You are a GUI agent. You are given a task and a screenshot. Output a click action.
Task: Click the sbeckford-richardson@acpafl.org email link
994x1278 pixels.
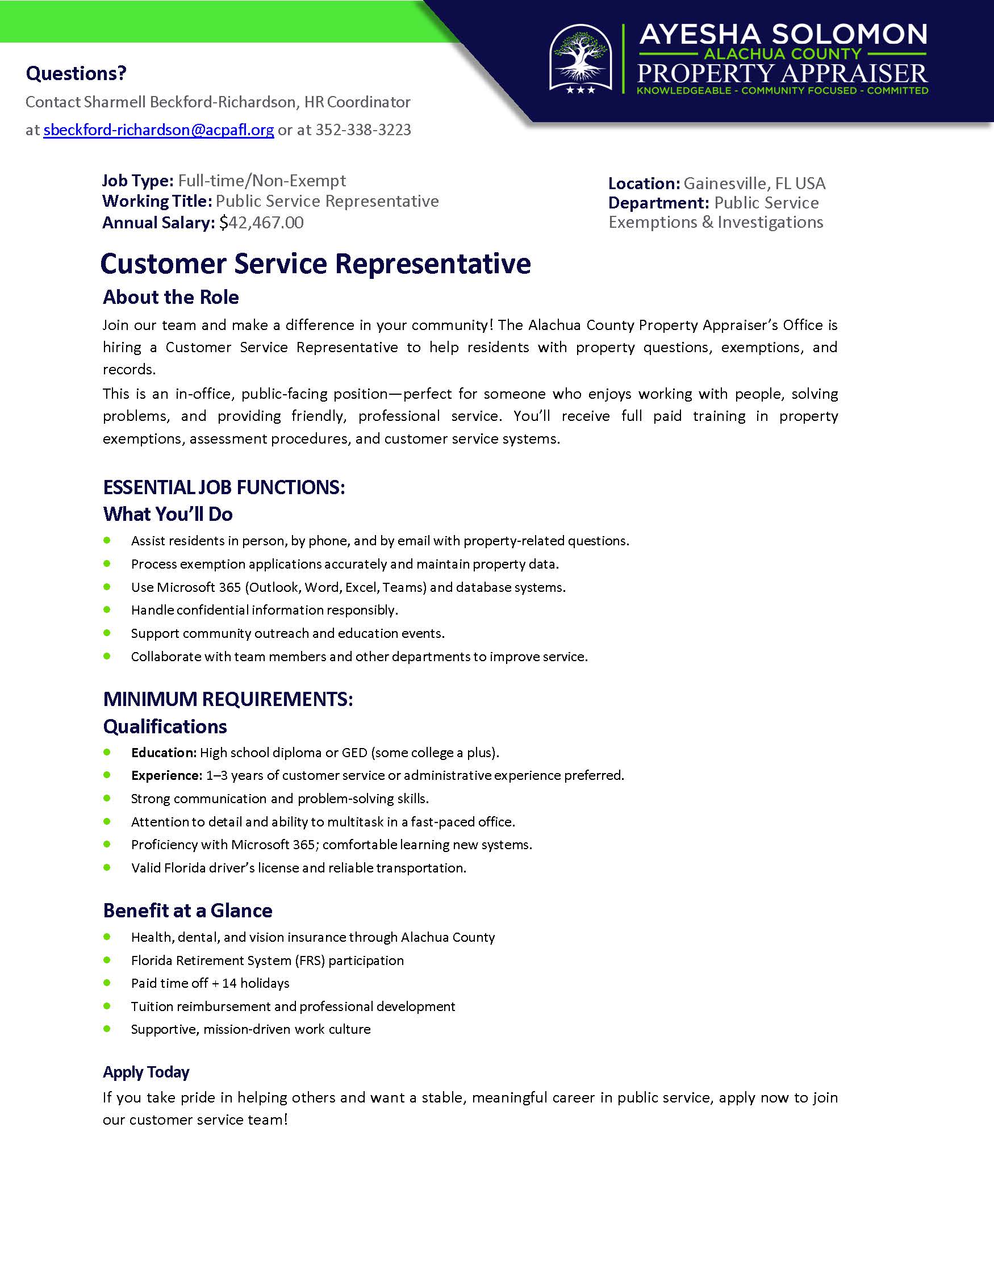coord(158,130)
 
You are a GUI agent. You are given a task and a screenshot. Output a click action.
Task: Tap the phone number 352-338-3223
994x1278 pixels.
coord(364,130)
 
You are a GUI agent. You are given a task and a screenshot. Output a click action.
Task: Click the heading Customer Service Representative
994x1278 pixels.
coord(315,264)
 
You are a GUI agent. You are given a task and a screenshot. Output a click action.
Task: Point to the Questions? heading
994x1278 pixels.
coord(76,74)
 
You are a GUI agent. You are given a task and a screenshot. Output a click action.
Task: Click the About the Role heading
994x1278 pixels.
coord(171,297)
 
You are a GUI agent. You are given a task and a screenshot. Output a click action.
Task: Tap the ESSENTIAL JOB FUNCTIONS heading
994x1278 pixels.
coord(224,487)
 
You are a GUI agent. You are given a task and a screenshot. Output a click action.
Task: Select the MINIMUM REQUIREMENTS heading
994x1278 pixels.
coord(228,699)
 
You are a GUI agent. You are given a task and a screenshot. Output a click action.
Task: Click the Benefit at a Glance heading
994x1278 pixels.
coord(188,911)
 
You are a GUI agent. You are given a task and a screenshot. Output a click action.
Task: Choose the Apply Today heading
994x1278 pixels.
coord(147,1072)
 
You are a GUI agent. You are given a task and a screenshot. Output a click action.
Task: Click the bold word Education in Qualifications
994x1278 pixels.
coord(163,753)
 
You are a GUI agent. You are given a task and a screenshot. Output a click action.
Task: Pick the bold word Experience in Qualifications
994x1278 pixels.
coord(166,775)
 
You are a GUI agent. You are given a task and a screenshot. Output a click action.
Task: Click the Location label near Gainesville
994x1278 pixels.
coord(644,183)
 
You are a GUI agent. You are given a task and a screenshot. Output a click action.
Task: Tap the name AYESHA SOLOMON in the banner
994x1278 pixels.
coord(783,35)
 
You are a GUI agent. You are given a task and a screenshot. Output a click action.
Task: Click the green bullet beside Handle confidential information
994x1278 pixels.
coord(107,609)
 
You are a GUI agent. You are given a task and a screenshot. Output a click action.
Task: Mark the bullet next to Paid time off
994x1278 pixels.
coord(107,983)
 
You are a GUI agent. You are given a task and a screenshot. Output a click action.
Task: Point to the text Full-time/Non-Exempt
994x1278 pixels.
coord(262,181)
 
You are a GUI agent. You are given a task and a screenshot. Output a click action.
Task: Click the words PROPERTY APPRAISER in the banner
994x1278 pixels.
coord(782,74)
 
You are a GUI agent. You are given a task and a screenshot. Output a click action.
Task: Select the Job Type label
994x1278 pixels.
coord(137,181)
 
